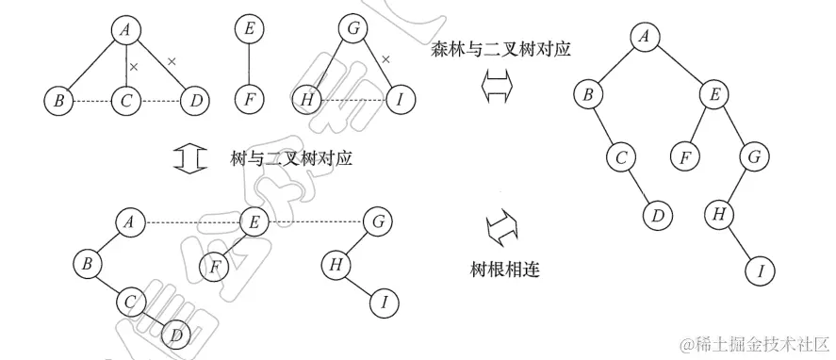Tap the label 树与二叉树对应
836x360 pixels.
(x=291, y=158)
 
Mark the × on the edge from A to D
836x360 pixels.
(x=172, y=61)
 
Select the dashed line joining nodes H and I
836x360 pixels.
(x=351, y=98)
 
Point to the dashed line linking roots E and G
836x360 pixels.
(x=314, y=222)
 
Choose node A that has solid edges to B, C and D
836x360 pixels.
(x=124, y=30)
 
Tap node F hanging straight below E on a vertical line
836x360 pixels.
(x=249, y=98)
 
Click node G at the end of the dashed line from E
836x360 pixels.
(x=377, y=223)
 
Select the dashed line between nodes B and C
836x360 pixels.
(x=91, y=98)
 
